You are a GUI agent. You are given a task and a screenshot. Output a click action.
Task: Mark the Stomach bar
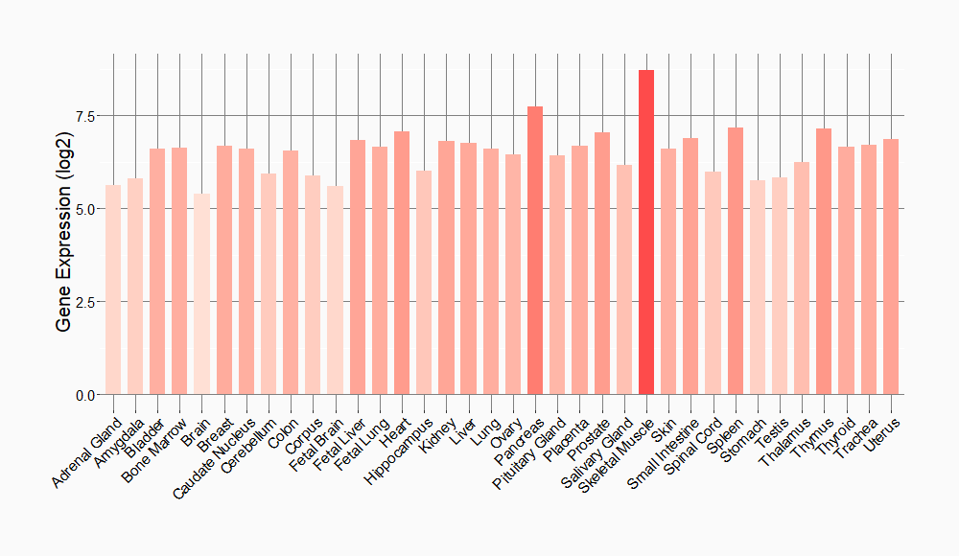[x=758, y=288]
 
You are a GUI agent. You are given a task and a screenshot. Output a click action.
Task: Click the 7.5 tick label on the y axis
[x=86, y=116]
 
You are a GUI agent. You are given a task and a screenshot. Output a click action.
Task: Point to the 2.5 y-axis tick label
[x=86, y=302]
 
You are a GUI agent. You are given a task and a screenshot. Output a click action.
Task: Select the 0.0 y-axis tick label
[x=86, y=395]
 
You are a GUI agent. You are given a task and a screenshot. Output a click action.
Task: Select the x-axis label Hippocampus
[x=396, y=449]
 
